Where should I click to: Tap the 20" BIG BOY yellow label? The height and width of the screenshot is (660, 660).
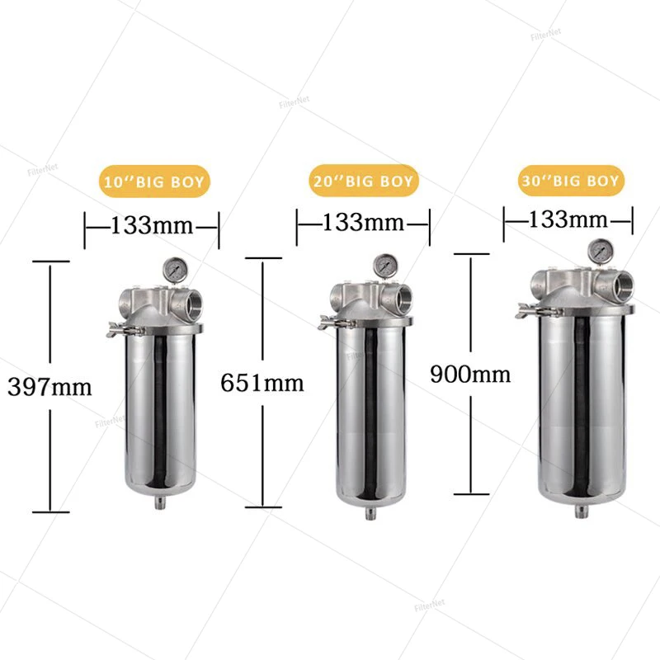point(364,179)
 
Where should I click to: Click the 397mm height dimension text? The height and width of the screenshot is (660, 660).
point(49,385)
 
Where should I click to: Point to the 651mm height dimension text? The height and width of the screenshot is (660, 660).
point(262,382)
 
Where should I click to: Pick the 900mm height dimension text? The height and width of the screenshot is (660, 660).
point(470,374)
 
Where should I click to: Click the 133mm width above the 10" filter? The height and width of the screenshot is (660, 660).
point(151,225)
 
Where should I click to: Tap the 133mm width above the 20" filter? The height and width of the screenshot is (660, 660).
point(363,222)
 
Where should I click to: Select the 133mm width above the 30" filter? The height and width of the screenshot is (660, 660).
point(568,219)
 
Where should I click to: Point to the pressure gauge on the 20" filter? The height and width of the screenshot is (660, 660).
point(384,266)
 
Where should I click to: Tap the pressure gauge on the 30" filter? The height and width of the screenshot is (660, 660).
point(598,250)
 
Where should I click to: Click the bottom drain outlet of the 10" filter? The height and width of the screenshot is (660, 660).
point(156,503)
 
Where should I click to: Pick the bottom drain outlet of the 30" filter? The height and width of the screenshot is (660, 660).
point(582,511)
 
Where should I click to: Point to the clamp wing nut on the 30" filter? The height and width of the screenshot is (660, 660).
point(526,310)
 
